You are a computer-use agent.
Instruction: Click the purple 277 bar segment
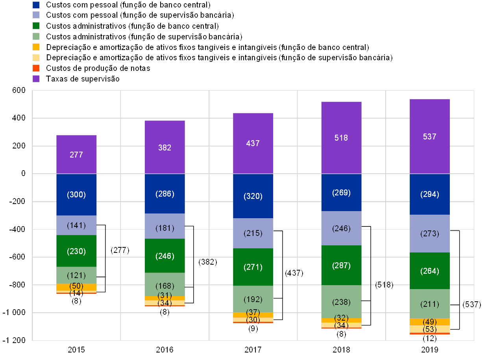click(x=76, y=154)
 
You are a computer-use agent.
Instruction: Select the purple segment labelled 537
click(x=429, y=136)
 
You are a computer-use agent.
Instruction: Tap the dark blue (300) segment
click(x=76, y=195)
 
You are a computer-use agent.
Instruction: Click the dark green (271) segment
click(x=253, y=267)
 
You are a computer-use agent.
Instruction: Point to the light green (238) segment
click(x=341, y=302)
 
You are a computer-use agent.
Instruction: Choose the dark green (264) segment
click(x=429, y=271)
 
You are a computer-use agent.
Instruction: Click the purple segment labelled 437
click(x=253, y=143)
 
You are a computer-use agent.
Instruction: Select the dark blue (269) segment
click(x=341, y=193)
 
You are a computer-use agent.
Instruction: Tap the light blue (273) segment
click(x=429, y=234)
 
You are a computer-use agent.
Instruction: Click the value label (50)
click(x=76, y=286)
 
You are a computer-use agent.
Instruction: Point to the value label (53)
click(x=429, y=329)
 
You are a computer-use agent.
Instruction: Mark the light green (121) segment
click(x=76, y=275)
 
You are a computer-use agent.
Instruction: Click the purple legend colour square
click(x=36, y=78)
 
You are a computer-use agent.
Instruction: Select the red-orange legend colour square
click(x=36, y=68)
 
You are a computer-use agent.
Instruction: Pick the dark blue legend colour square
click(x=36, y=5)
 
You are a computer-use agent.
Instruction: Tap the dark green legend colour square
click(x=36, y=26)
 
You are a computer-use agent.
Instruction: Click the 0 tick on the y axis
click(x=23, y=174)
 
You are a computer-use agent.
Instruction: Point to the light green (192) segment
click(x=253, y=299)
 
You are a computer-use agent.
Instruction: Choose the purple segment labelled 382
click(x=165, y=147)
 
